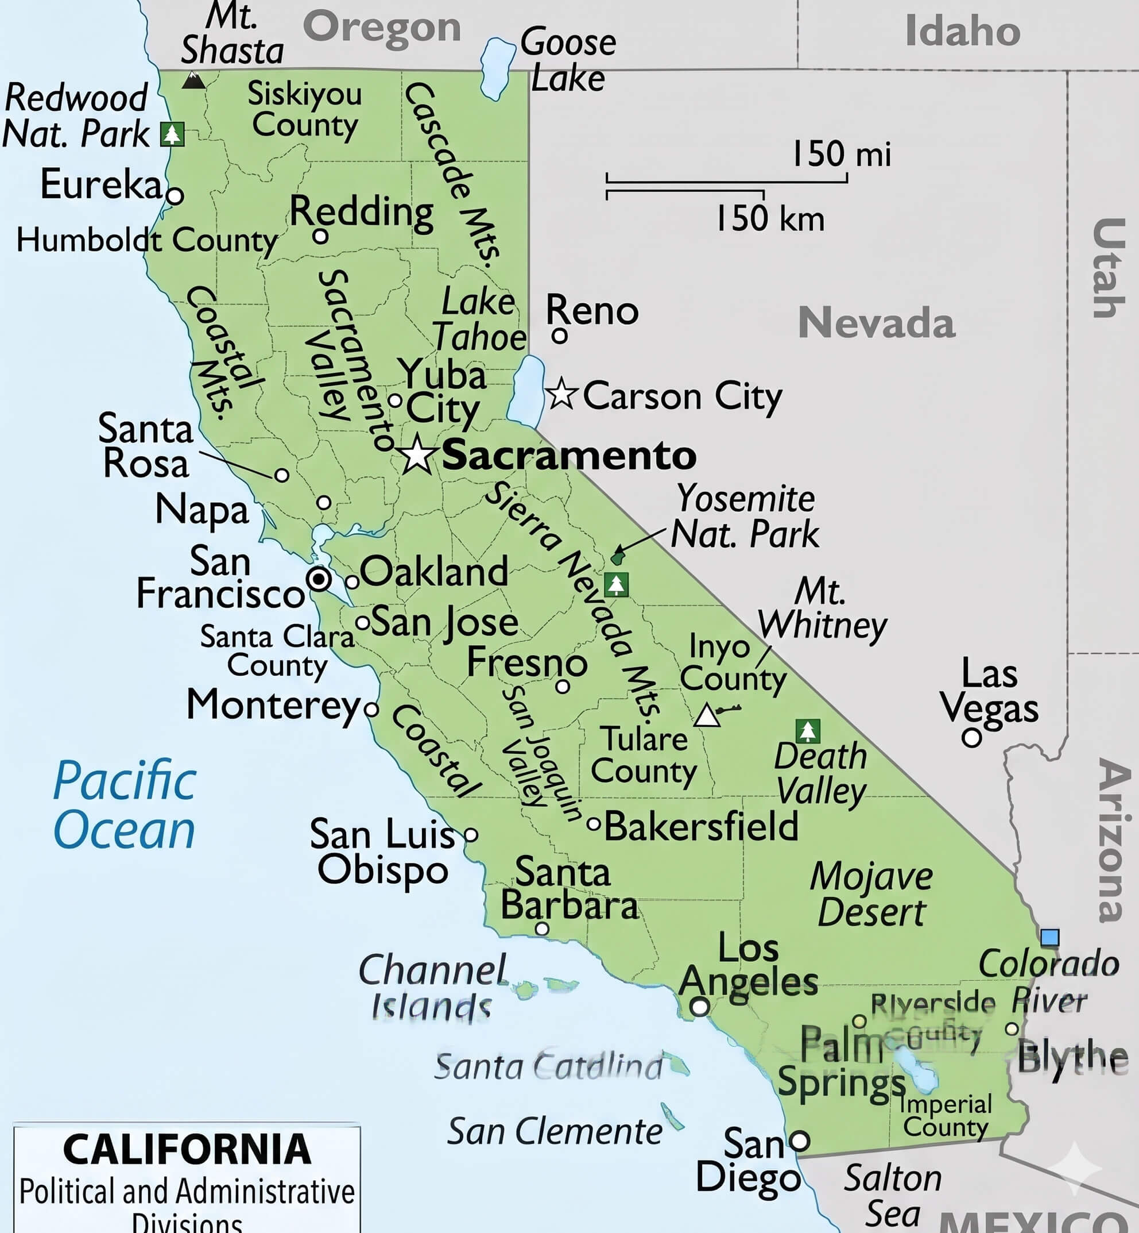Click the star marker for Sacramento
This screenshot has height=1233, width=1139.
[417, 454]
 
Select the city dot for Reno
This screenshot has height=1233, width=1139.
[559, 336]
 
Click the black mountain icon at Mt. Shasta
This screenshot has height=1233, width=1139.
[193, 80]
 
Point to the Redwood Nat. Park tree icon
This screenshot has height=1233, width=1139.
[172, 133]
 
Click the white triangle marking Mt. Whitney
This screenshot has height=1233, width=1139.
[707, 716]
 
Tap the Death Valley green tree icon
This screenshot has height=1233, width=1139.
[807, 731]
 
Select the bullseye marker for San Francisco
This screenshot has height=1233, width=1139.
[319, 579]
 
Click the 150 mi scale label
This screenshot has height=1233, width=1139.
[841, 153]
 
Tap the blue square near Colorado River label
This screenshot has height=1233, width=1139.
[1049, 938]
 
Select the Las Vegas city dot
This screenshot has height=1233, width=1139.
[971, 737]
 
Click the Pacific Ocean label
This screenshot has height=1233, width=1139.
[125, 805]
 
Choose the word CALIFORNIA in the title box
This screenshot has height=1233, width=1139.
[187, 1149]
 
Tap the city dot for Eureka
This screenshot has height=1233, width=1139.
[175, 196]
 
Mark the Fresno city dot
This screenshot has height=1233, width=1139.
[562, 687]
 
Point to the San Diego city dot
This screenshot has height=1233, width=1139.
[799, 1140]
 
